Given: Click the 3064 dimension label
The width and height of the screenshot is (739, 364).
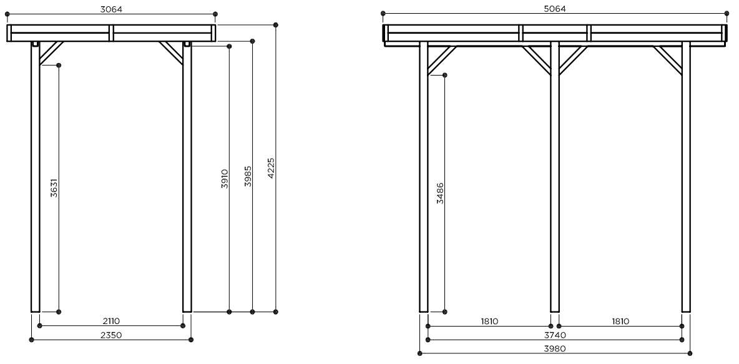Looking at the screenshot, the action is point(111,9).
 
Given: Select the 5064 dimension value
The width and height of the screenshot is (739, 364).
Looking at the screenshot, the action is point(554,9).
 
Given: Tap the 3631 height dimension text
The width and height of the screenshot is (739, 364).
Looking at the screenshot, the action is point(54,188).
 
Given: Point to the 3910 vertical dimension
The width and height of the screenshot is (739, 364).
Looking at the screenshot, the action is point(225,179).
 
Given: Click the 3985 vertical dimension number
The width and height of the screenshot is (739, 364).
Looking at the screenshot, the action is point(248,176).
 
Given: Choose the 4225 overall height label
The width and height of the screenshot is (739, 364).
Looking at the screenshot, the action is point(271,169).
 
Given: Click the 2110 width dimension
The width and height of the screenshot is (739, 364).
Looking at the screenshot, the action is point(110,321).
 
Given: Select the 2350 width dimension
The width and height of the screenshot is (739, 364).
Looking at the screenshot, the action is point(111,335).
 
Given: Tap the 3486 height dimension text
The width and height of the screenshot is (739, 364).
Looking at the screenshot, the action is point(440,193).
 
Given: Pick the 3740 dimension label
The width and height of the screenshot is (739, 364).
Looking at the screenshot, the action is point(555,335).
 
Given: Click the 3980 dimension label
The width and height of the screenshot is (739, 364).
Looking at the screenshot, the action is point(555,349).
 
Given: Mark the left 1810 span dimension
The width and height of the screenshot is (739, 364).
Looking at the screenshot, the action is point(489,322).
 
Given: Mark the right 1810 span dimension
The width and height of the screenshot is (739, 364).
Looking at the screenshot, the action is point(620,322).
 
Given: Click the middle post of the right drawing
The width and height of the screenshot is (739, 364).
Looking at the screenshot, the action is point(555,177).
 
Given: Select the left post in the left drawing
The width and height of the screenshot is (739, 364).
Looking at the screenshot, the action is point(36,177).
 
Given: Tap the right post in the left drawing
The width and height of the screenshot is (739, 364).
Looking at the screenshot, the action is point(187,177).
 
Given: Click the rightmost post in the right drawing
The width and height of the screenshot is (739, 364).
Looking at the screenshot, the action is point(686,177).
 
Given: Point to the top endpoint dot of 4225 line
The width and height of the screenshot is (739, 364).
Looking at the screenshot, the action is point(276,24).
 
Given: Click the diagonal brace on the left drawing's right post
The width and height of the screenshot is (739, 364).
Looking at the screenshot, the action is point(172,53).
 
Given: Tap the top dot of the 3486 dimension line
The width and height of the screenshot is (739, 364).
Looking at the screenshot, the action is point(445,75).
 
